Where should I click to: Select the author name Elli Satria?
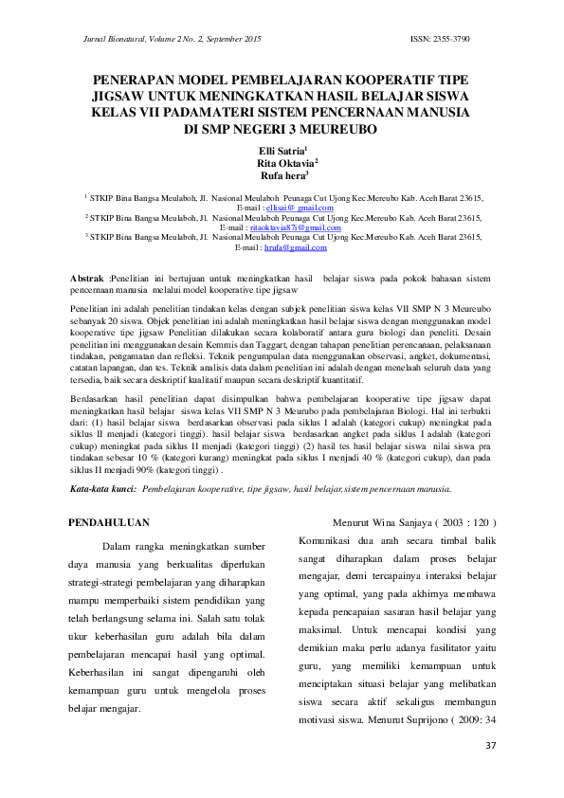pos(281,151)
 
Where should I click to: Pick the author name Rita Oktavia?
pos(288,163)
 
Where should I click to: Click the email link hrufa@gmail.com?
pos(295,247)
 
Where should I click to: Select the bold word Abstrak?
pos(89,277)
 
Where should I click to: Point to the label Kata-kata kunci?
pos(103,489)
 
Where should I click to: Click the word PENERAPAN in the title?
pos(136,82)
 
